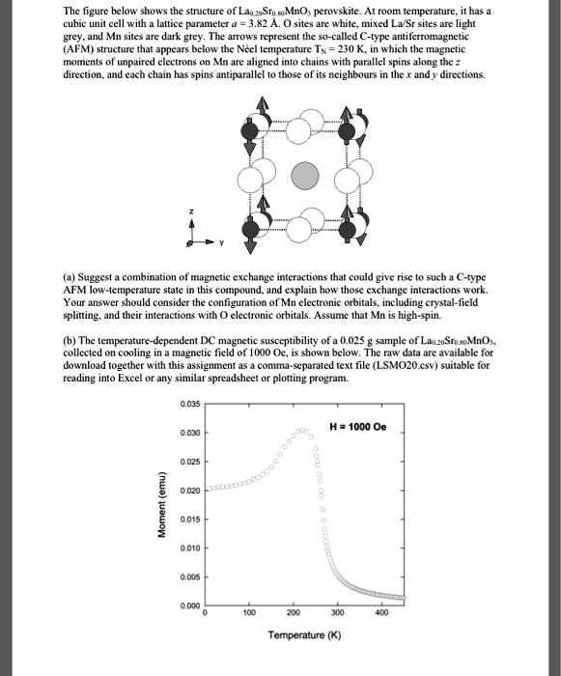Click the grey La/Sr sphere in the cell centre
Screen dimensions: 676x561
pos(305,175)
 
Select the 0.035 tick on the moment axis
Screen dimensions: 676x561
pos(190,403)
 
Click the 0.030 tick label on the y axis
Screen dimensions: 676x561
pos(190,433)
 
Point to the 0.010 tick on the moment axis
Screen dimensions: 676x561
pos(190,550)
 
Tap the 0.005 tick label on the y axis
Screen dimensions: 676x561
pos(190,579)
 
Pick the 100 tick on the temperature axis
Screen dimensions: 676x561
pos(249,612)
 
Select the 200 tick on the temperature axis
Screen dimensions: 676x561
pos(295,612)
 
